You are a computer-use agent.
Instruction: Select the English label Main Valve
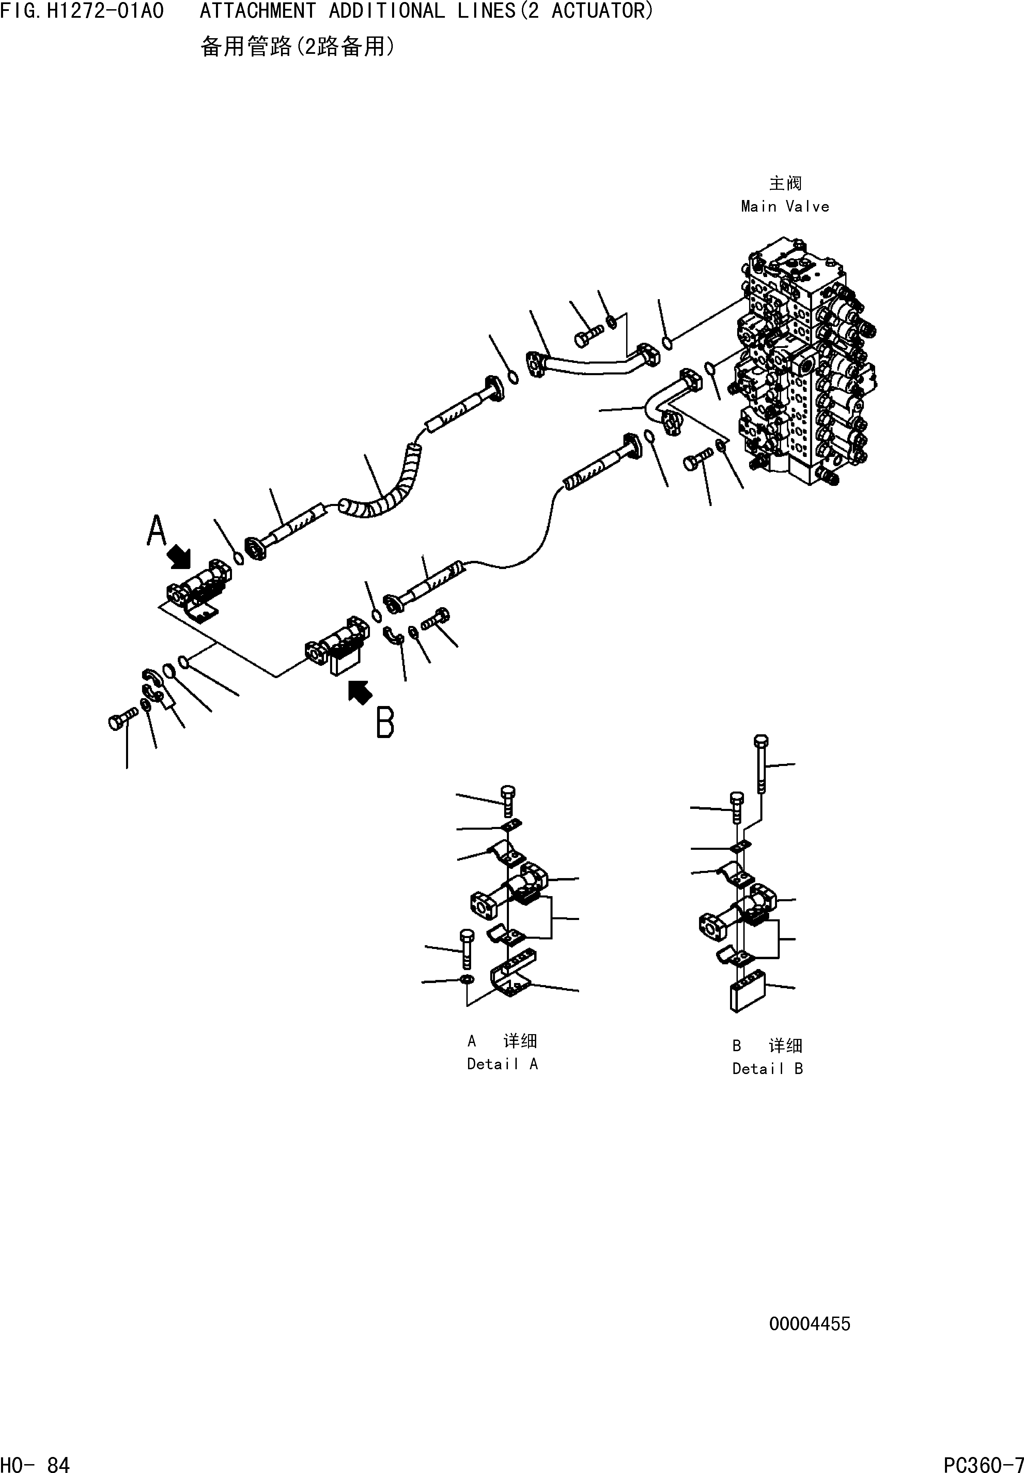coord(785,206)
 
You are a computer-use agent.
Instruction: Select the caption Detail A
coord(502,1064)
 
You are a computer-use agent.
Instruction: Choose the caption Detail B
coord(767,1068)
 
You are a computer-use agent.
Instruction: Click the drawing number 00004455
coord(810,1323)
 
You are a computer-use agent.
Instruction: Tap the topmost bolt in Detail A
coord(507,801)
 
